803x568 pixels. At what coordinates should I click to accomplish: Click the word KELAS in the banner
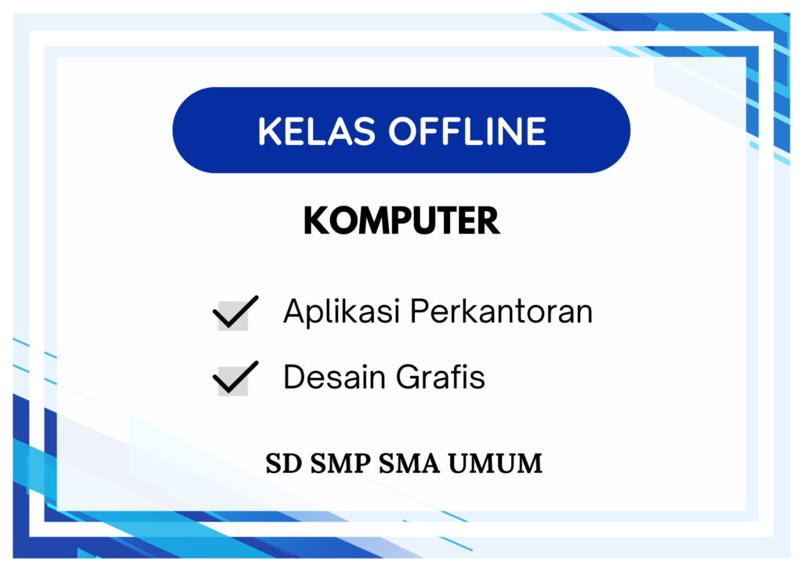click(317, 131)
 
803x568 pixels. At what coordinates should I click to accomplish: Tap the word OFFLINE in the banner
click(467, 131)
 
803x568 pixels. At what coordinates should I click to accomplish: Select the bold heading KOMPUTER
click(401, 220)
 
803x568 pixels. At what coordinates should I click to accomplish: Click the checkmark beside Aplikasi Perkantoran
click(235, 312)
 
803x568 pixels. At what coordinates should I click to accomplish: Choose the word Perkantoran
click(501, 311)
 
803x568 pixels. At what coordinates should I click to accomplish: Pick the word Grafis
click(441, 377)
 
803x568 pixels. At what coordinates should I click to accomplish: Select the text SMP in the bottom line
click(340, 464)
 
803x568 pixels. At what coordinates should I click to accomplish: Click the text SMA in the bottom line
click(409, 464)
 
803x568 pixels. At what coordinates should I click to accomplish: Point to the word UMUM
click(496, 464)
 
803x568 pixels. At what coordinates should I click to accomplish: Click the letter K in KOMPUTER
click(315, 220)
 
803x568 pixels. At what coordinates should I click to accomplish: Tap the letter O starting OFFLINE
click(403, 131)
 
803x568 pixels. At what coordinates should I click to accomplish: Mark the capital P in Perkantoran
click(420, 311)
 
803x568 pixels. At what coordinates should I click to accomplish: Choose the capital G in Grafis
click(409, 377)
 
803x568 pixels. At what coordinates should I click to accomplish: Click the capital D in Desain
click(295, 377)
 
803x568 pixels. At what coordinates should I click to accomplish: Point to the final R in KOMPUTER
click(489, 220)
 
